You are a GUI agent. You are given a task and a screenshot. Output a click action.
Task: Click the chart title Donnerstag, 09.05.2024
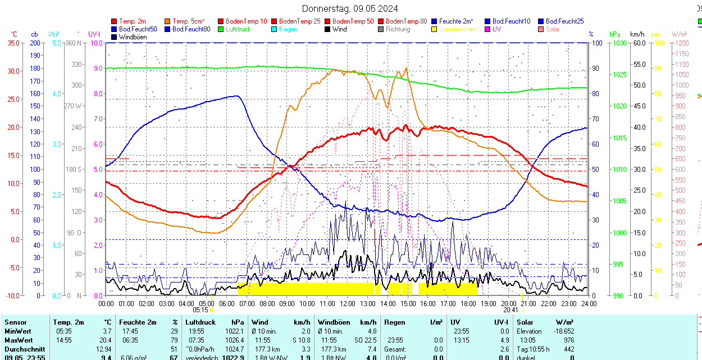tap(350, 8)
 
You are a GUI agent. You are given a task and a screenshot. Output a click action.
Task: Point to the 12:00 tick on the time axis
tap(348, 304)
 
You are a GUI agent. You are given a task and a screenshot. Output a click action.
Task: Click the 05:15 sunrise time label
tap(200, 309)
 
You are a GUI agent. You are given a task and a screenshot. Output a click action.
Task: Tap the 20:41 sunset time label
tap(510, 309)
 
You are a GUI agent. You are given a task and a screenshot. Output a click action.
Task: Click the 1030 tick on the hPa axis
tap(619, 43)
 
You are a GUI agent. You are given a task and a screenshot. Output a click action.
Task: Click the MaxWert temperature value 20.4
tap(106, 340)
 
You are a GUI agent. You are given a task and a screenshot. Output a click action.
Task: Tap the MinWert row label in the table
tap(19, 331)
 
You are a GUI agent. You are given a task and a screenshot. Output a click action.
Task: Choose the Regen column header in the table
tap(394, 322)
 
